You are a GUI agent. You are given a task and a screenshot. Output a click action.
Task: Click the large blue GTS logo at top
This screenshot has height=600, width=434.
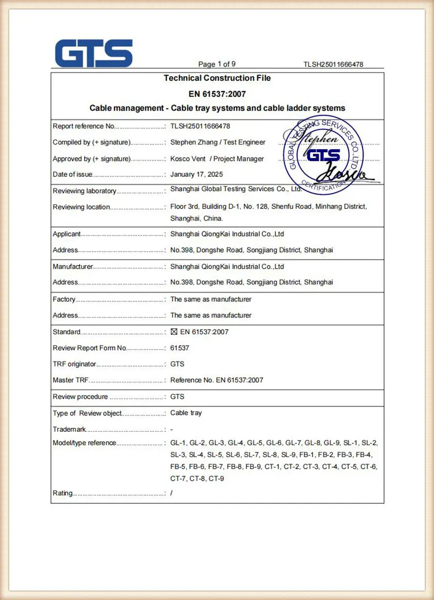pos(94,53)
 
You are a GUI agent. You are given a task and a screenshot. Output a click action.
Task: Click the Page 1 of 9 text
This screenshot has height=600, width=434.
pos(217,64)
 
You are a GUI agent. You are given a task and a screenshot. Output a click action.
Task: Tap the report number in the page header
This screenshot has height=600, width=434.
pos(333,64)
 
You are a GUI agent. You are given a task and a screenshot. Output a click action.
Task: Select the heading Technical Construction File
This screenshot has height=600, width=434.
pos(217,78)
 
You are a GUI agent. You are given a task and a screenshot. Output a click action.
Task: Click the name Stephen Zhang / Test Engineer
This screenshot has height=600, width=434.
pos(218,142)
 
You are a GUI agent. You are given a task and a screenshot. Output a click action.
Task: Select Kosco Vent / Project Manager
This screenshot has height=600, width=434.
pos(217,159)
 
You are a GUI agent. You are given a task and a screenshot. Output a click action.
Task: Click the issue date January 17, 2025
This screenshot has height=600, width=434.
pos(197,174)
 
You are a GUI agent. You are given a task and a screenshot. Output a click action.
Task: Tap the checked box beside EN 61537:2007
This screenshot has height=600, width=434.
pos(174,332)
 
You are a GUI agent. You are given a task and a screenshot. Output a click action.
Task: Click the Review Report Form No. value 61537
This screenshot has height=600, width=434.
pos(180,348)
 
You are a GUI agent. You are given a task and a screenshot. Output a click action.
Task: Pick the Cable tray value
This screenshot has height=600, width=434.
pos(186,413)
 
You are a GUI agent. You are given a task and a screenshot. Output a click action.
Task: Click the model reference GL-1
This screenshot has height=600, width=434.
pos(178,443)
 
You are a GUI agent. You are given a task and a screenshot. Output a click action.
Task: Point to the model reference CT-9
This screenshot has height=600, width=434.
pos(216,479)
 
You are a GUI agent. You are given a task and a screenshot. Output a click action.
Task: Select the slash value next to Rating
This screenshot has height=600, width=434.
pos(172,493)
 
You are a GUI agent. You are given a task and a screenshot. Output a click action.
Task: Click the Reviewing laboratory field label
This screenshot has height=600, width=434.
pos(84,191)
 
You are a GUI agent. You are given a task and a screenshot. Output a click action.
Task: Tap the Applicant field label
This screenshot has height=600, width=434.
pos(67,234)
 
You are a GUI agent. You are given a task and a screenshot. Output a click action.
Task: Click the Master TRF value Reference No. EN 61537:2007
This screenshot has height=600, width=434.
pos(217,380)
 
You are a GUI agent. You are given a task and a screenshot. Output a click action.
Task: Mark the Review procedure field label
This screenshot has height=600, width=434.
pos(80,397)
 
